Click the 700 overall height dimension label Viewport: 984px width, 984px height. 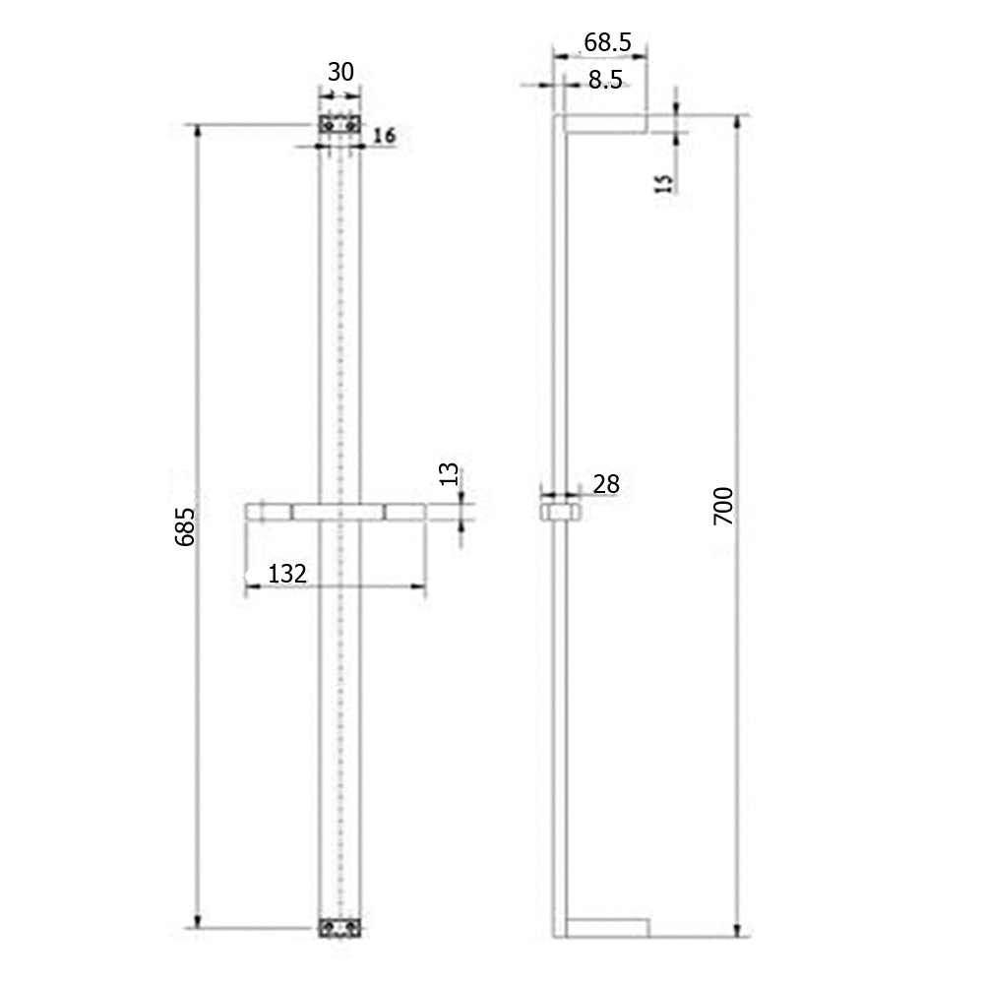pos(723,505)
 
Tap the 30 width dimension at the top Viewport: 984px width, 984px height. pos(340,73)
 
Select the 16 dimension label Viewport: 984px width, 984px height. pos(384,136)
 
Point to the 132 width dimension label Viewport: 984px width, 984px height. pos(286,574)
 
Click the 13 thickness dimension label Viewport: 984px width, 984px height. pos(449,474)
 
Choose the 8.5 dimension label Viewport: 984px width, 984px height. pos(605,81)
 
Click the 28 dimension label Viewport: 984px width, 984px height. pos(606,483)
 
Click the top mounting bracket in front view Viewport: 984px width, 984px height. pos(340,126)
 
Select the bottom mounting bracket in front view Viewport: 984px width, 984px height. pos(340,928)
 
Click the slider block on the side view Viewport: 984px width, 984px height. pos(561,513)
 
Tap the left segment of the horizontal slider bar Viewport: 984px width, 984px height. pos(268,512)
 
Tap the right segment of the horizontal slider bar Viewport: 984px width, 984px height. pos(404,512)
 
